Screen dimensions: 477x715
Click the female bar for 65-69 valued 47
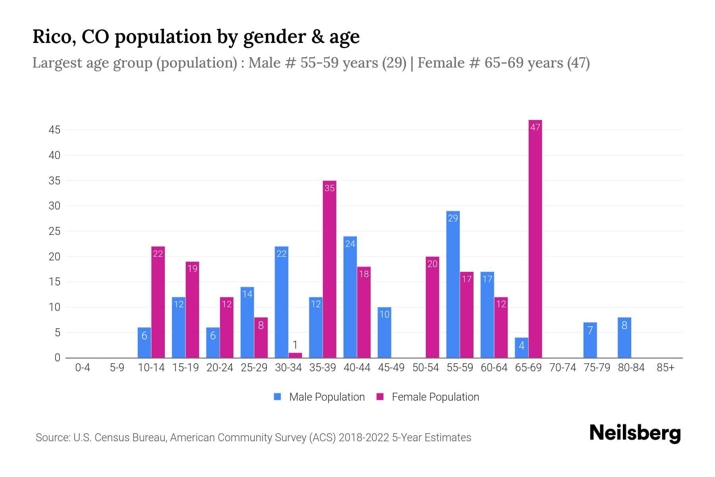[x=535, y=238]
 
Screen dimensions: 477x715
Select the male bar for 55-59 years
[x=453, y=284]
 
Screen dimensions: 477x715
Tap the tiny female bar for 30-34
[x=295, y=355]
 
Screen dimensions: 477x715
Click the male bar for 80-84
[x=624, y=337]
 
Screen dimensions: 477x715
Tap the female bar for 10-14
[x=158, y=302]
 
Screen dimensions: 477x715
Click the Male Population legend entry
[x=319, y=397]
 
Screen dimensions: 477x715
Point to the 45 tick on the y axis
[x=55, y=130]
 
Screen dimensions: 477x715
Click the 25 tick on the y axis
[x=55, y=231]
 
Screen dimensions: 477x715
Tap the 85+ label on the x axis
[x=665, y=368]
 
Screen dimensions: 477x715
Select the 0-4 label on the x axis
[x=83, y=368]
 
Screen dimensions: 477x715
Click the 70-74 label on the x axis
[x=562, y=368]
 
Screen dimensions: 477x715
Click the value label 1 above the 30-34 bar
[x=295, y=345]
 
